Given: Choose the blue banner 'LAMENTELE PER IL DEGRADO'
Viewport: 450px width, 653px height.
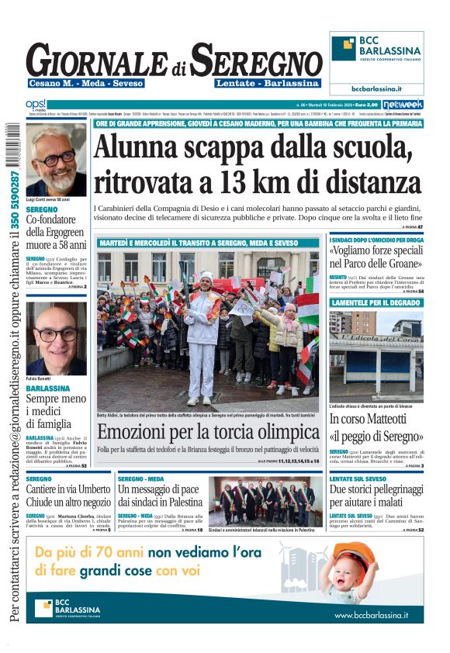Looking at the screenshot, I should (376, 302).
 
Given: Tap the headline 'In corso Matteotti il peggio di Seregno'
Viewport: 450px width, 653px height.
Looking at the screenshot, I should (376, 430).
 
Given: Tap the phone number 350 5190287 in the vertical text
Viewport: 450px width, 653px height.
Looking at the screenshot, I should (14, 202).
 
